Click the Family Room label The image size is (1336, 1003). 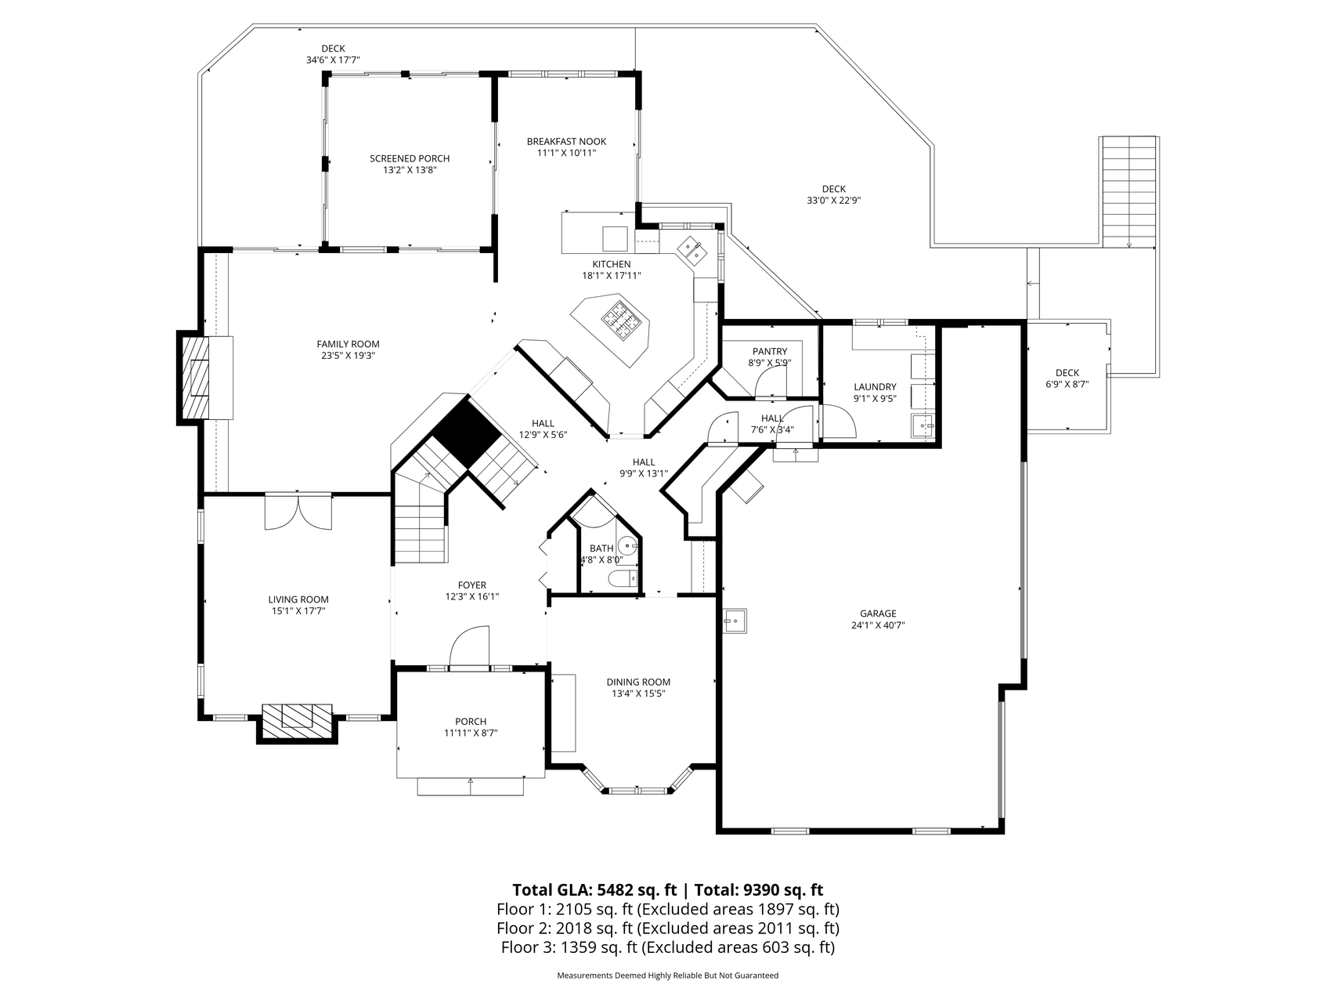click(x=348, y=344)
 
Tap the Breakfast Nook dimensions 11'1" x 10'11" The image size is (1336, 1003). click(x=566, y=153)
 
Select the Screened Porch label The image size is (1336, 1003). click(x=410, y=158)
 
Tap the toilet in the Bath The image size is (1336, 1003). click(x=624, y=580)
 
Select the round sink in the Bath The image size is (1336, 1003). click(x=628, y=545)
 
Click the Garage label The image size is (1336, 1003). click(x=878, y=614)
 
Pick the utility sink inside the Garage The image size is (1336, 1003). click(x=735, y=621)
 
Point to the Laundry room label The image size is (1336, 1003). click(x=875, y=386)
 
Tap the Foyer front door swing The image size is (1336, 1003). click(x=470, y=646)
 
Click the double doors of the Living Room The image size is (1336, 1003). click(x=298, y=511)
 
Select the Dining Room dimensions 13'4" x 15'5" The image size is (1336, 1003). click(x=638, y=693)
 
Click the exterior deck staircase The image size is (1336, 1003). click(x=1129, y=193)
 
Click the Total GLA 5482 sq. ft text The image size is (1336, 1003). click(x=594, y=889)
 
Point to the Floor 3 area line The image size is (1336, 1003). click(x=668, y=947)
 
